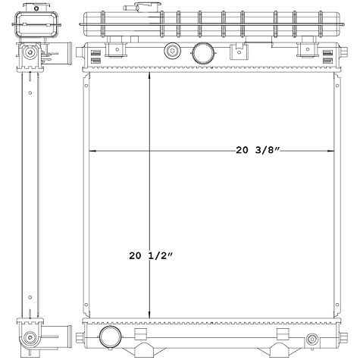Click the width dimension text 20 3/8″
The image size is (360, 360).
pos(258,150)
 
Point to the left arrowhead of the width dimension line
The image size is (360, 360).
pos(93,151)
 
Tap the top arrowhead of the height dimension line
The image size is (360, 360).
pos(149,77)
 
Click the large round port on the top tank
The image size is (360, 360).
pos(203,53)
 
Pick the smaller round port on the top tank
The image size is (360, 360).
pos(171,52)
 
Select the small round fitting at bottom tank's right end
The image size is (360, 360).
pos(311,338)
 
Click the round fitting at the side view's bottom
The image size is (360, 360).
pos(30,337)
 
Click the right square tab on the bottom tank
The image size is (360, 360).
pos(282,333)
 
